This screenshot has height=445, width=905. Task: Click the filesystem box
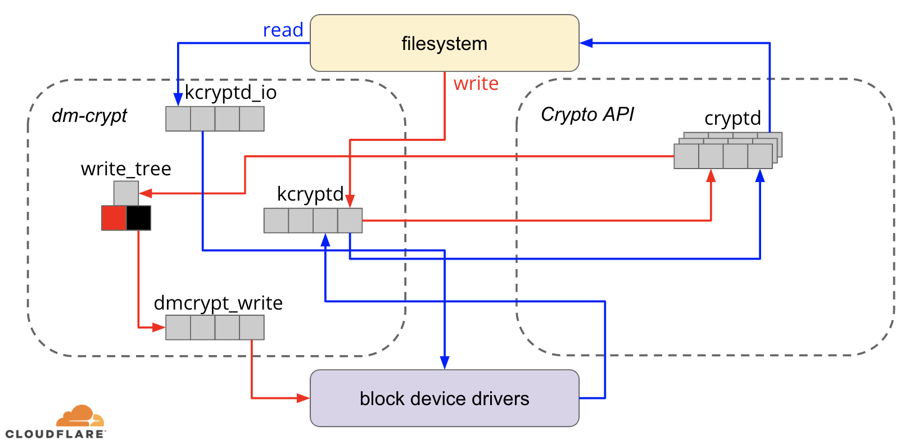coord(444,43)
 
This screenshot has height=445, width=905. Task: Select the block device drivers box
coord(444,398)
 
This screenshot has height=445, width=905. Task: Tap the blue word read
coord(283,30)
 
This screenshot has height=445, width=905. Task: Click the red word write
coord(476,83)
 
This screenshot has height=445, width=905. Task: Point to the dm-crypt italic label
coord(89,115)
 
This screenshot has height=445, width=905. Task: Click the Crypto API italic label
coord(587,114)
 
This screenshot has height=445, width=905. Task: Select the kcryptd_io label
coord(230,92)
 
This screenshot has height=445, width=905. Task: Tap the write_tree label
coord(126,169)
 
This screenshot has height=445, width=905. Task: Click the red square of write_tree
coord(114,218)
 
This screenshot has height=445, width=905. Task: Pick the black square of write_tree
coord(138,218)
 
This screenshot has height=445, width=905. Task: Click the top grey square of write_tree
coord(126,193)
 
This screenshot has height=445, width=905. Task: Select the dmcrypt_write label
coord(218,303)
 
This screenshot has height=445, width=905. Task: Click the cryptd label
coord(732,119)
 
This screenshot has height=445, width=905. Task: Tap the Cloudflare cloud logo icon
coord(80,416)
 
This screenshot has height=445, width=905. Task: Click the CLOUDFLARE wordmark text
coord(55,434)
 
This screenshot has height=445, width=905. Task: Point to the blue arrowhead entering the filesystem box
coord(586,43)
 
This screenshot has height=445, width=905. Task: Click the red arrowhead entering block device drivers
coord(304,398)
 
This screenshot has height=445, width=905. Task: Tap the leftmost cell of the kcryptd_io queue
coord(178,119)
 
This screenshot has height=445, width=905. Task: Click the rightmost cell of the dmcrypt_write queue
coord(252,328)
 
